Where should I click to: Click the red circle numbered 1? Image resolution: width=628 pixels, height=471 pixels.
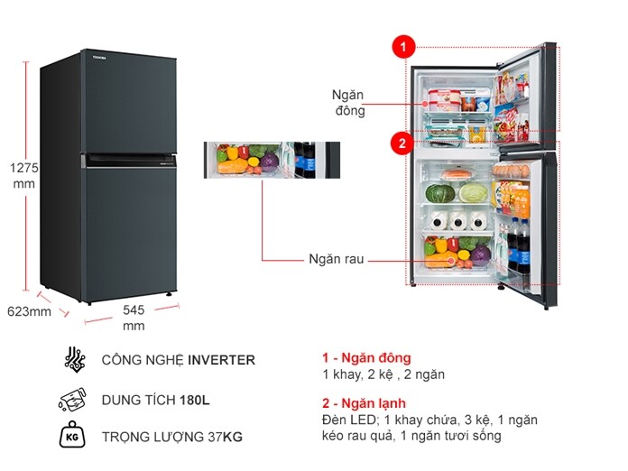point(403,45)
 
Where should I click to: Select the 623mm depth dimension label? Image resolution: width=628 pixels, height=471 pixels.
point(29,312)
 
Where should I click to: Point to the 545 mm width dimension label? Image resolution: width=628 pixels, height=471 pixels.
point(134,317)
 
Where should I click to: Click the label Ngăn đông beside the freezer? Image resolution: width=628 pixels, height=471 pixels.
point(348,102)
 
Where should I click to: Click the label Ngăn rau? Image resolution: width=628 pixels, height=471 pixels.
point(336,259)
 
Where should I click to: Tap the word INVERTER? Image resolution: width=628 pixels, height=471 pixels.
point(221,360)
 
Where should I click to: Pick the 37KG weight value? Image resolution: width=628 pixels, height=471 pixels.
point(226,438)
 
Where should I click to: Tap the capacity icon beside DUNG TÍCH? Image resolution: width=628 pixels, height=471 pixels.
point(72,399)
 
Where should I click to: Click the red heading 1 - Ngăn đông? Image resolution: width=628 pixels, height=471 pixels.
point(365,358)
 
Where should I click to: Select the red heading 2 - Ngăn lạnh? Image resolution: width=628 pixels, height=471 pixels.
point(365,403)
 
